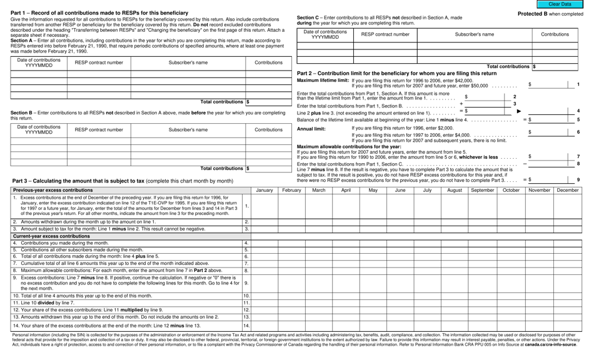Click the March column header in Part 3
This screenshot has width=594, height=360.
pos(318,190)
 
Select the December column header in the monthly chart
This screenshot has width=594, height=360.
pos(567,190)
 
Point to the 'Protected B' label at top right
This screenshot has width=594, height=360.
pos(550,14)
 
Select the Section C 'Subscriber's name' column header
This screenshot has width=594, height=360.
pos(474,34)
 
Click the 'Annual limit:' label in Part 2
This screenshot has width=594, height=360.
pos(311,129)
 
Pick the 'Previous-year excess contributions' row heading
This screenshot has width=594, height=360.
pos(53,190)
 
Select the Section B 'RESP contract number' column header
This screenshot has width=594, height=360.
pos(99,130)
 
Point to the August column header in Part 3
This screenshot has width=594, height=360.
pos(455,190)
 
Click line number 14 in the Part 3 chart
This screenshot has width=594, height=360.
pos(246,326)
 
